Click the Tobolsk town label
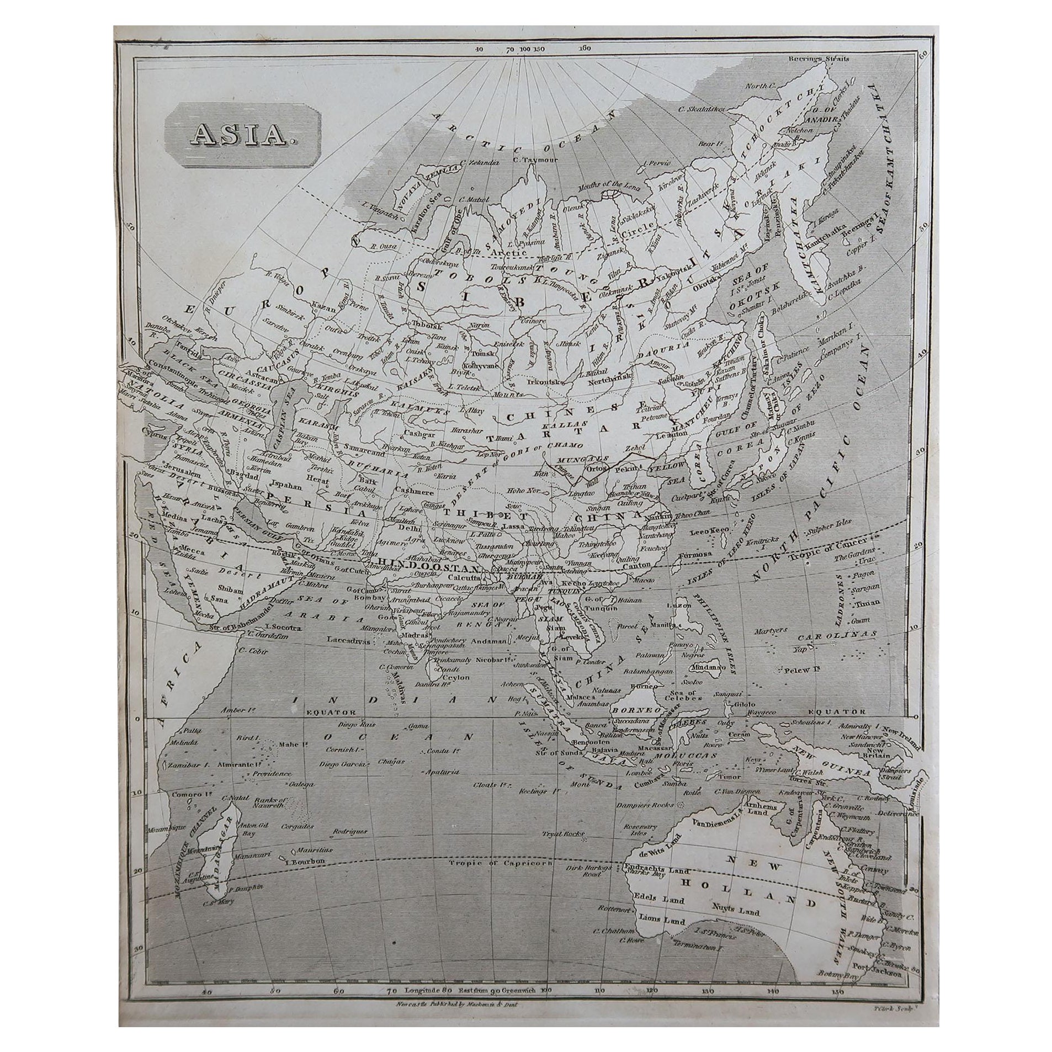tap(421, 325)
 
